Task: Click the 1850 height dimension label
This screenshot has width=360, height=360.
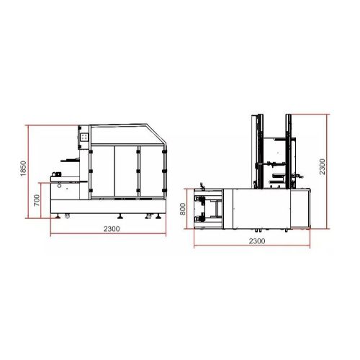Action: click(x=23, y=168)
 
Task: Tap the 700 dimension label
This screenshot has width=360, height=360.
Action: click(x=37, y=200)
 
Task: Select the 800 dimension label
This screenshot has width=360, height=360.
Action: click(x=183, y=209)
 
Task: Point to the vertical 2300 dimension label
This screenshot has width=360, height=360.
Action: click(x=323, y=166)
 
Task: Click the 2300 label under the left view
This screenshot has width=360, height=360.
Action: click(x=112, y=229)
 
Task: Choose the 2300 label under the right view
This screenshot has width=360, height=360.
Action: click(x=257, y=241)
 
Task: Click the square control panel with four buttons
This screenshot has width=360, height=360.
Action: click(x=84, y=137)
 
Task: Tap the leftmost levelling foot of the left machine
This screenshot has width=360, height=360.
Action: click(x=58, y=217)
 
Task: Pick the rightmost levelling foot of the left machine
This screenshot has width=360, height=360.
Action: click(x=158, y=217)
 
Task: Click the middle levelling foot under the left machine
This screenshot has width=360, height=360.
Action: click(x=120, y=217)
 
